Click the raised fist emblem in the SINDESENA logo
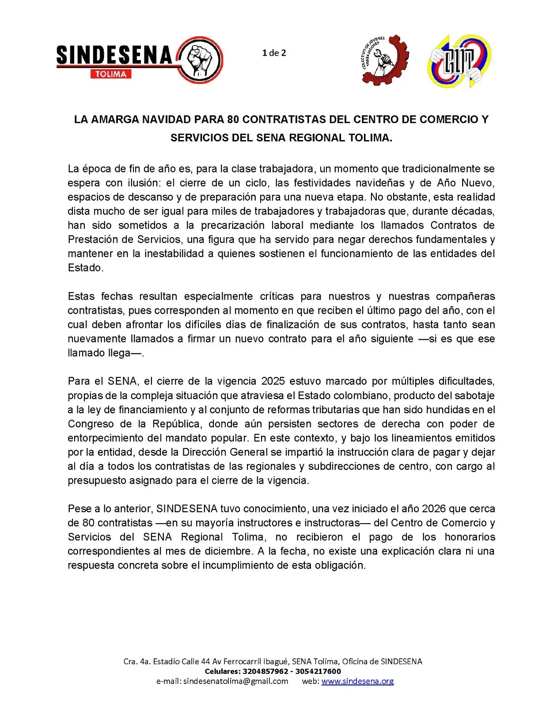coord(201,60)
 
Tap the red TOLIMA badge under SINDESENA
coord(111,74)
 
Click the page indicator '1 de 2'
coord(274,53)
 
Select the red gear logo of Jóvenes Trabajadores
coord(383,60)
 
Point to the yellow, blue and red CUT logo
coord(459,61)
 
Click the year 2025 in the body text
coord(273,381)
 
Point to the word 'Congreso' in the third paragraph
coord(91,424)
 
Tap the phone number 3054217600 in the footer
coord(318,671)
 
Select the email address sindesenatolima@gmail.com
coord(236,681)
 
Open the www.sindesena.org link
coord(357,681)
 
